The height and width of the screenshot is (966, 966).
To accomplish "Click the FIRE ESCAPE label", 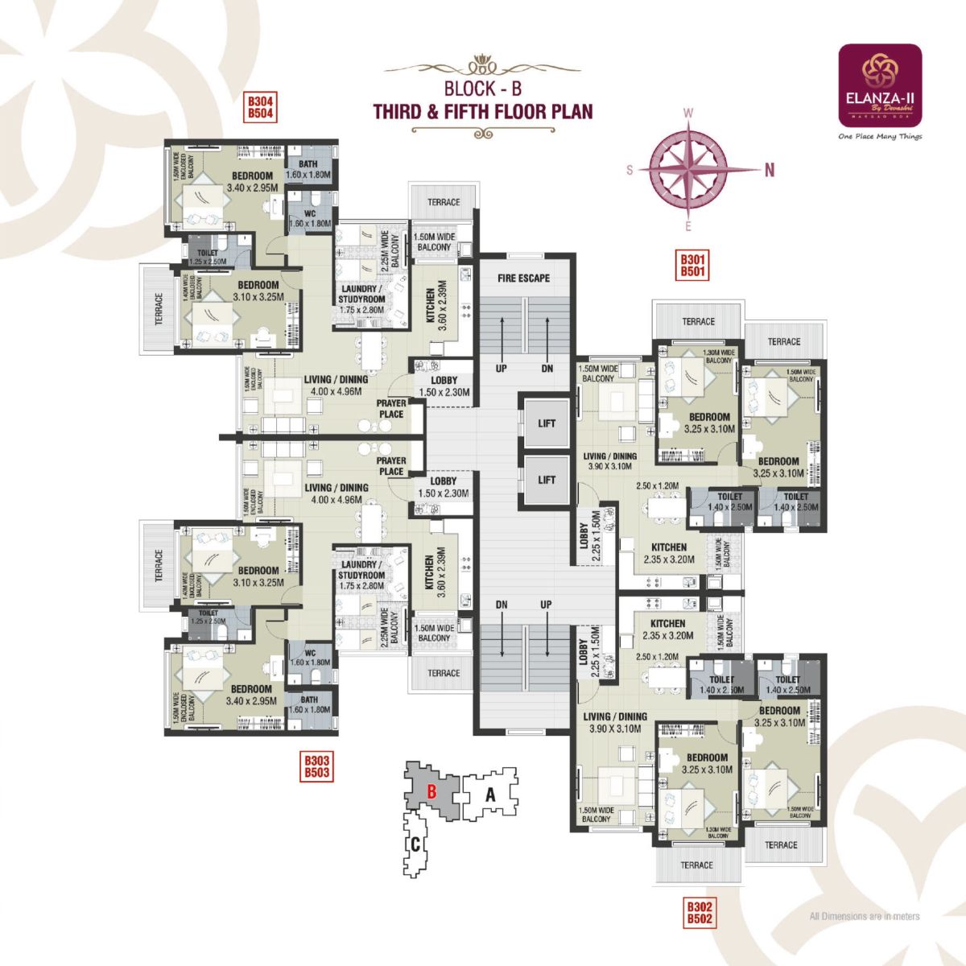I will tap(523, 278).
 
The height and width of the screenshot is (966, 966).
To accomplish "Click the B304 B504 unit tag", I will tap(261, 108).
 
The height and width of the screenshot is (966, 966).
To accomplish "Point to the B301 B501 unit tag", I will tap(692, 266).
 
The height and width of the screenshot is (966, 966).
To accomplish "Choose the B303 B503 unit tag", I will tap(316, 766).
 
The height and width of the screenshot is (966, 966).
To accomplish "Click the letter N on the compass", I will tap(770, 170).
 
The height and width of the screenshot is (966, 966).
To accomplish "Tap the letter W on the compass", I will tap(688, 114).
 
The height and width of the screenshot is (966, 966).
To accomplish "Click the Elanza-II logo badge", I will tap(880, 85).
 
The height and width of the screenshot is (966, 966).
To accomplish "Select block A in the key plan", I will tap(490, 794).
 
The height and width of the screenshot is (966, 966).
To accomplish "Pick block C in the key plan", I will tap(415, 844).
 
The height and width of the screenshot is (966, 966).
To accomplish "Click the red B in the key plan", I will tap(431, 791).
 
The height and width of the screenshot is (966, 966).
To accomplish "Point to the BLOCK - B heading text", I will tap(483, 89).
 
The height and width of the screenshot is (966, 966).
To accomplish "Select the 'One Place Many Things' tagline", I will tap(880, 137).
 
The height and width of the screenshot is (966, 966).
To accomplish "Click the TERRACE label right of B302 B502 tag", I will tap(781, 844).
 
